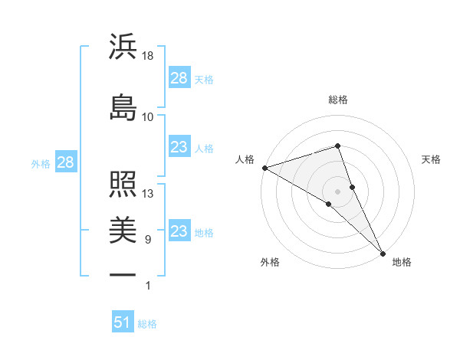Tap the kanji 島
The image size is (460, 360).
[123, 106]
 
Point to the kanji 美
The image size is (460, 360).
[123, 229]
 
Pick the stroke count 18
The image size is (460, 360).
[148, 56]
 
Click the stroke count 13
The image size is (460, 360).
[148, 194]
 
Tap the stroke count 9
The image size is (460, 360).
[147, 240]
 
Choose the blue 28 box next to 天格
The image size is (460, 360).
[179, 77]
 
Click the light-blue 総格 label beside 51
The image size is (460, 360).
[147, 324]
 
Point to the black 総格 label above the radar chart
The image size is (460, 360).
[338, 100]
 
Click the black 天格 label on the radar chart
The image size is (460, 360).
[432, 159]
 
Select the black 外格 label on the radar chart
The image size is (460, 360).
[270, 262]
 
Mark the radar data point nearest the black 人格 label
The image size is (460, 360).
[264, 168]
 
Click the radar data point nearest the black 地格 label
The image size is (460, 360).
[383, 253]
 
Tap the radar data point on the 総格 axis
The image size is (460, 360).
[338, 146]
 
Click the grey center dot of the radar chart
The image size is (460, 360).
[338, 191]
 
